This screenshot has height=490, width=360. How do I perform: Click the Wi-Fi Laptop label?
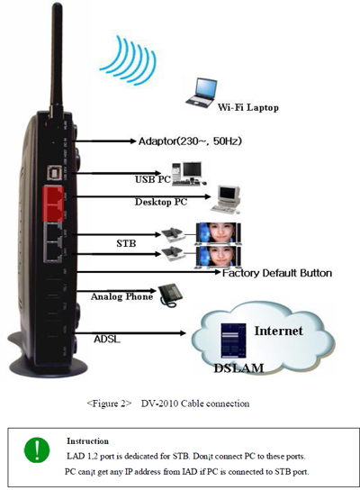(247, 107)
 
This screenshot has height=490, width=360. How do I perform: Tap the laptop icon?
(202, 94)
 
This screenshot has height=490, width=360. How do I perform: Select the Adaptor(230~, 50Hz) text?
(190, 141)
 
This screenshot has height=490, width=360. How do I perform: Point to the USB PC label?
(153, 179)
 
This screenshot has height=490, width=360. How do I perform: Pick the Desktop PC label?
(161, 202)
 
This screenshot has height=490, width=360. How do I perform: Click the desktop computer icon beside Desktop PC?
(226, 200)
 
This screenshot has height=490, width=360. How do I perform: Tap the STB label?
(126, 243)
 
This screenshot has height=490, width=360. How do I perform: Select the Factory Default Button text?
(277, 273)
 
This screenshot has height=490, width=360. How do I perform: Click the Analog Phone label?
(121, 296)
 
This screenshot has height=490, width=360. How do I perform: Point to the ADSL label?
(107, 339)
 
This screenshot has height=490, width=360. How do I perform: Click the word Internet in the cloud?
(278, 331)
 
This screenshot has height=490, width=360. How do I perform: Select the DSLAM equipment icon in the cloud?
(233, 340)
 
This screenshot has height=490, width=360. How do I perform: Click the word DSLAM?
(238, 367)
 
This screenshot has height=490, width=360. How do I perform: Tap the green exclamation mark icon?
(37, 450)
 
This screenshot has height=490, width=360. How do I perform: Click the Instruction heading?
(87, 441)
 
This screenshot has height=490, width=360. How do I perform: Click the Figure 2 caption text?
(168, 404)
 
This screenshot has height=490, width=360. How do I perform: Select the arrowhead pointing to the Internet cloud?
(183, 333)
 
